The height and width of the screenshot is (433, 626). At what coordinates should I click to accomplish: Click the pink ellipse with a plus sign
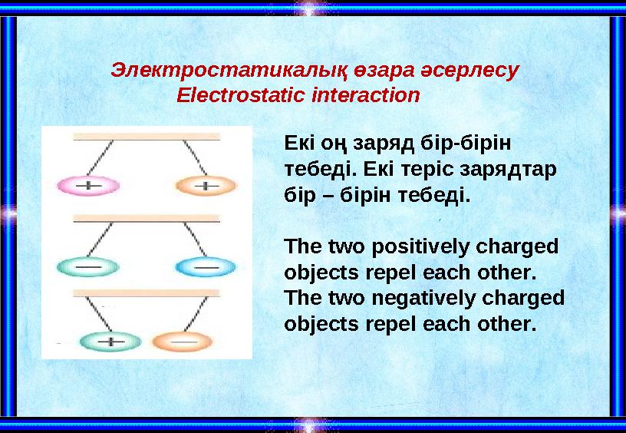[89, 185]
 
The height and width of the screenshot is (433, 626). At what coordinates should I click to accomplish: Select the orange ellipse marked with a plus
[206, 185]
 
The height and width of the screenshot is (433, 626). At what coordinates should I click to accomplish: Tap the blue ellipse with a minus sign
[205, 266]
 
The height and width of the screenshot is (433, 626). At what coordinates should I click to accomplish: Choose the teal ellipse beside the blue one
[89, 266]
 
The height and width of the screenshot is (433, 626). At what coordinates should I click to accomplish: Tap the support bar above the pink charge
[147, 137]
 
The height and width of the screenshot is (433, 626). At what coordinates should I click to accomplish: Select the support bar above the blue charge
[147, 218]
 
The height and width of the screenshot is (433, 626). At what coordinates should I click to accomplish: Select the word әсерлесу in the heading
[470, 70]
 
